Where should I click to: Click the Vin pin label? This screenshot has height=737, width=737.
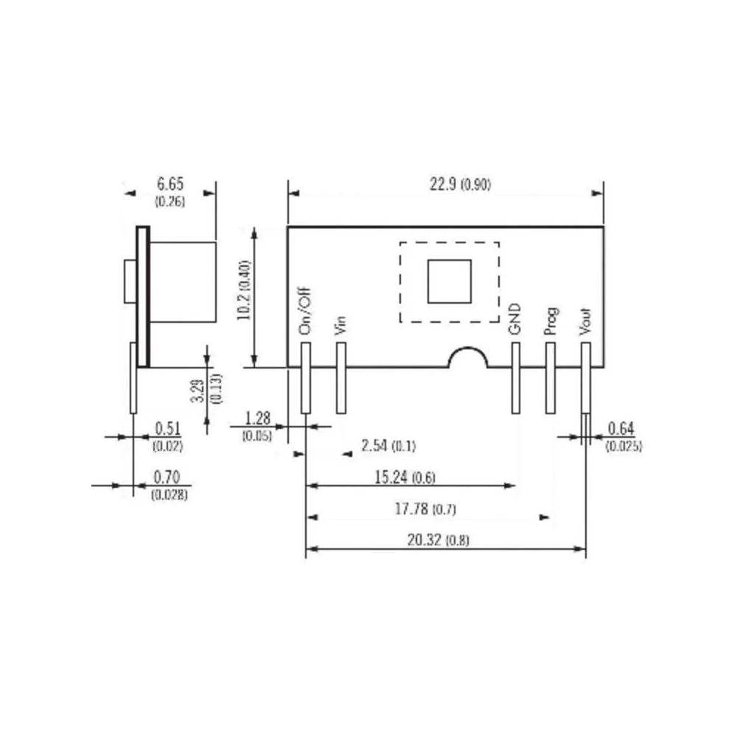pos(340,325)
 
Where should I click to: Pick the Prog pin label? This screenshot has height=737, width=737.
pos(550,322)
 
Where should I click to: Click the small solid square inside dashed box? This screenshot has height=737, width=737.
pos(449,281)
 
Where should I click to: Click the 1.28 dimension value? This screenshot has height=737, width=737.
pos(258,419)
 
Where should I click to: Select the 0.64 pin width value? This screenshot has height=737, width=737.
pos(622,429)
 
